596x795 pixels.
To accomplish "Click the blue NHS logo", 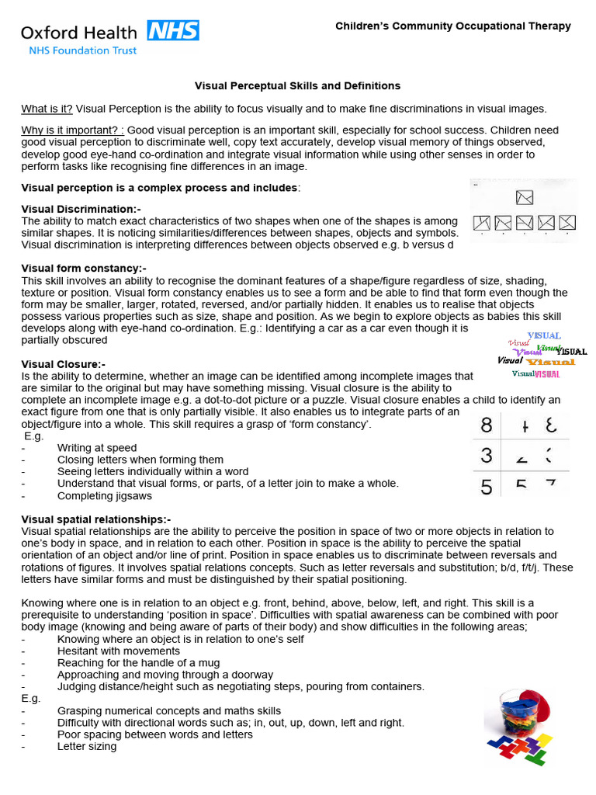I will (x=173, y=31).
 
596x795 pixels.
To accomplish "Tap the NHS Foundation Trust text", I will (x=82, y=50).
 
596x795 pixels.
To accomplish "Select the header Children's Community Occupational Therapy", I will (x=452, y=26).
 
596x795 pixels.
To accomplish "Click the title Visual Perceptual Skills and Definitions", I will (x=297, y=85).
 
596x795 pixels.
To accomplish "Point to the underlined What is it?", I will (x=47, y=109).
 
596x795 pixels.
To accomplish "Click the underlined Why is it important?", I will (x=72, y=130).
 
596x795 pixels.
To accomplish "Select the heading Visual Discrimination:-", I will (x=81, y=210).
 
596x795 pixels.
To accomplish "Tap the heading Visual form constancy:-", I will (x=84, y=269).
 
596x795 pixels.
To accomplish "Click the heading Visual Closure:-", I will (x=64, y=364).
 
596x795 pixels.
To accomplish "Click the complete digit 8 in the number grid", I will (x=487, y=425).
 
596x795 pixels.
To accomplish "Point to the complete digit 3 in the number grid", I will (x=487, y=456).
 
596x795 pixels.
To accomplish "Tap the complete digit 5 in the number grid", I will (x=487, y=487).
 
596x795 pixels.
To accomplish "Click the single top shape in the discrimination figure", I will (x=525, y=197).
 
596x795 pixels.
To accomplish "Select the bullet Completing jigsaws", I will (x=105, y=495).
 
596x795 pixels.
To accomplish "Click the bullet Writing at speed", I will (x=97, y=448).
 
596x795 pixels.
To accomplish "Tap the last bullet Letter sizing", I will (x=87, y=746).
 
